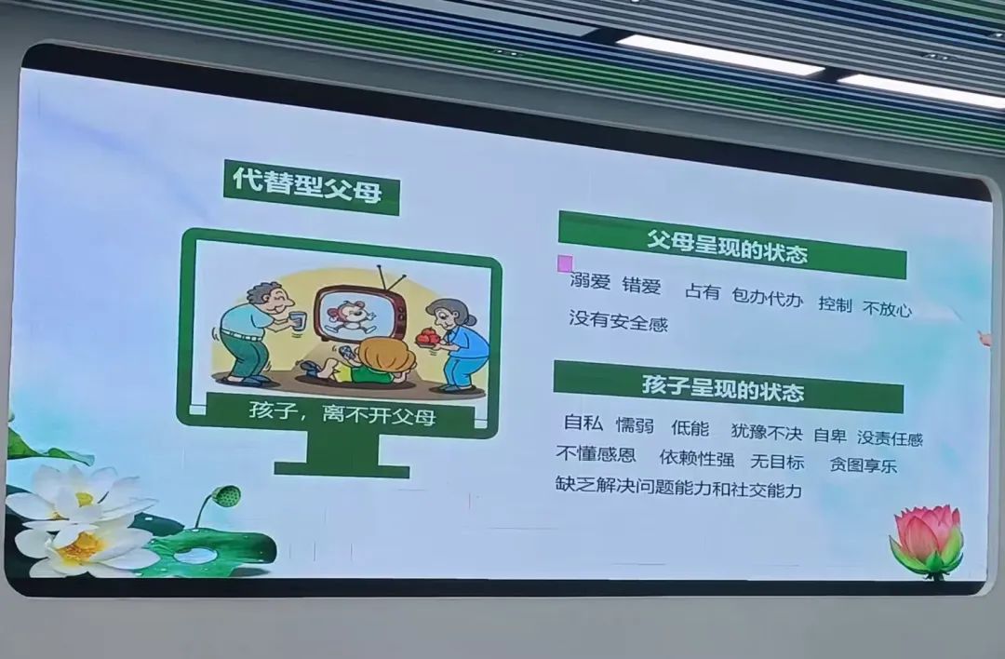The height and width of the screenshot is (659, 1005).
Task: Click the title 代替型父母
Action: click(308, 185)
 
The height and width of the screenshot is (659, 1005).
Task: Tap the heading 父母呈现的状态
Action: click(727, 246)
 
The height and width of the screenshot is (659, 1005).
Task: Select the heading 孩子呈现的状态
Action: click(723, 388)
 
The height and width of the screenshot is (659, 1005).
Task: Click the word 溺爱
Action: click(590, 281)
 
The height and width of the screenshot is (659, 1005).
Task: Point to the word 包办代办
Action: click(767, 297)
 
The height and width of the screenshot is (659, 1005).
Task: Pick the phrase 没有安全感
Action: click(619, 320)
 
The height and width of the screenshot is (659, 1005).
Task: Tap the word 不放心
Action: click(887, 309)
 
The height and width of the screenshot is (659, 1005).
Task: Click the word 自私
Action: click(583, 424)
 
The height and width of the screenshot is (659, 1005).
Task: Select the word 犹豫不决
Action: click(767, 432)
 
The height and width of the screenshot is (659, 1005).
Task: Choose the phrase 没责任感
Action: click(890, 437)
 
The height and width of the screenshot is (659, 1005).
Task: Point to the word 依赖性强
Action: click(697, 458)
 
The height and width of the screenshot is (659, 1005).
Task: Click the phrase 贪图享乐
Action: click(863, 464)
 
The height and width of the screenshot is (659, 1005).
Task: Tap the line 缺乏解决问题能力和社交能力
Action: click(678, 487)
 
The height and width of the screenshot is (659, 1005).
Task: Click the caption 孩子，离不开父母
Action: click(342, 412)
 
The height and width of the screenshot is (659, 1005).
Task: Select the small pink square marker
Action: click(566, 263)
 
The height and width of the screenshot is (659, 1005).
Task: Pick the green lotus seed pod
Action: click(226, 495)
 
